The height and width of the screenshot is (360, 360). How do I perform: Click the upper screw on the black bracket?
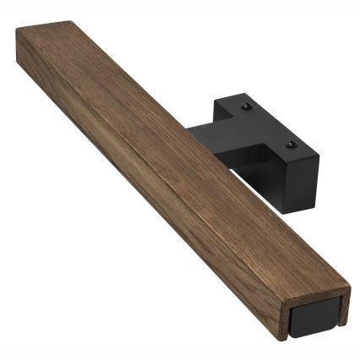pos(246,107)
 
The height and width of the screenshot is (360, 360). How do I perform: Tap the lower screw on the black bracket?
pos(291,145)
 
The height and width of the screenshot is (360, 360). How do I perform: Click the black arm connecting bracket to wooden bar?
pos(207,144)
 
